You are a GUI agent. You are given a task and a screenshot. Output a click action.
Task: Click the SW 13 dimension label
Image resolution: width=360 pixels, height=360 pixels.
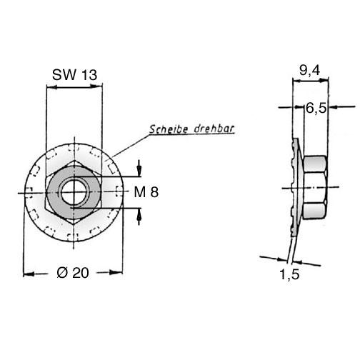tap(74, 75)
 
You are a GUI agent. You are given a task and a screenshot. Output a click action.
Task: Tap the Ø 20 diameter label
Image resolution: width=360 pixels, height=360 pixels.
tap(73, 273)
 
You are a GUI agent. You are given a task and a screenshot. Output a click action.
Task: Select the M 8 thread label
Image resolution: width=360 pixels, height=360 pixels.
tap(146, 192)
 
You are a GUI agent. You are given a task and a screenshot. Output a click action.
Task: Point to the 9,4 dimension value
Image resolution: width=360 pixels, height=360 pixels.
tap(310, 71)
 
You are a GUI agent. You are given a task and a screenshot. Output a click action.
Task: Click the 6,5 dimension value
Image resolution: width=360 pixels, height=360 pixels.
tap(316, 109)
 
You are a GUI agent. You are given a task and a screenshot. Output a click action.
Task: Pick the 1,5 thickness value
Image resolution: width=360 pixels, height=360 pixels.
tap(289, 274)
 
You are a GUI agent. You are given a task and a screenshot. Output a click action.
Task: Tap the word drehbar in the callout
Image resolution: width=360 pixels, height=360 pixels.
tap(214, 129)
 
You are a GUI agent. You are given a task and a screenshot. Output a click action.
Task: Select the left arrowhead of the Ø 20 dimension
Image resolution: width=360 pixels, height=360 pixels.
tap(29, 274)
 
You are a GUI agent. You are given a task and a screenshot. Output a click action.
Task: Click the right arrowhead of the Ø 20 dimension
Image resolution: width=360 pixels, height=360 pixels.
tap(116, 272)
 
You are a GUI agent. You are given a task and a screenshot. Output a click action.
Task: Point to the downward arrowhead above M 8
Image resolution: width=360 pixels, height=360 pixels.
tap(139, 169)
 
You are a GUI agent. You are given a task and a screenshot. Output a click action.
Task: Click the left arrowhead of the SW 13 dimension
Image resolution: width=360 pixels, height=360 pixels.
tap(52, 87)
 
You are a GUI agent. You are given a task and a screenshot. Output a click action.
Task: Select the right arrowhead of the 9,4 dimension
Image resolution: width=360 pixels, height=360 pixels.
tap(323, 81)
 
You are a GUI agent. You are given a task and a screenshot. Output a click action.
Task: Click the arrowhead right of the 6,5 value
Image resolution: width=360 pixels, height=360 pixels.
tap(335, 107)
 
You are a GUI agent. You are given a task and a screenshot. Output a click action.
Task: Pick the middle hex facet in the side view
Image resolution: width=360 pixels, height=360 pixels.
tap(314, 187)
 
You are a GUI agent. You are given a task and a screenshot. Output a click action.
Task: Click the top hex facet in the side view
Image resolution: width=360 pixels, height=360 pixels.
tap(315, 164)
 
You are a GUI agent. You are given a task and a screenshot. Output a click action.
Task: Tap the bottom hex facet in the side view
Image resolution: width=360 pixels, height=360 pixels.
tap(315, 211)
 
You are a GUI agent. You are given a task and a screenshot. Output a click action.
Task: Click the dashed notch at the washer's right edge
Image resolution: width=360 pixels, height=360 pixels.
tap(119, 191)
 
